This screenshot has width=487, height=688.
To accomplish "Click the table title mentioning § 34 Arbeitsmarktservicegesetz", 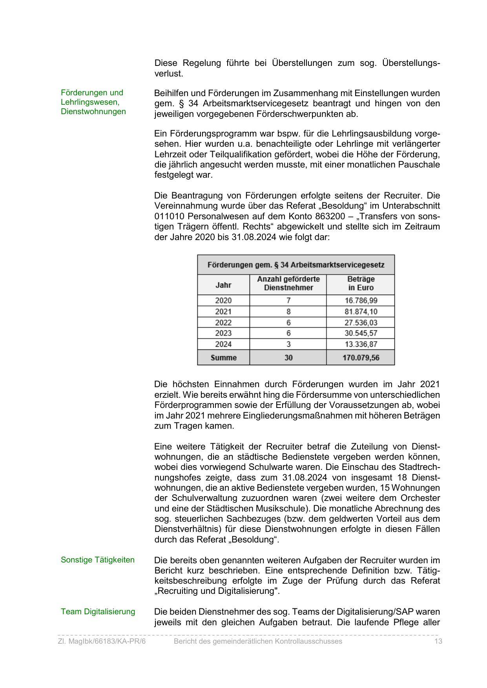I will pyautogui.click(x=295, y=265).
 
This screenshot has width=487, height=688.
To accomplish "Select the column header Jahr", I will pyautogui.click(x=223, y=285).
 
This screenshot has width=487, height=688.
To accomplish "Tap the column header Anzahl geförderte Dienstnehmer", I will pyautogui.click(x=288, y=284).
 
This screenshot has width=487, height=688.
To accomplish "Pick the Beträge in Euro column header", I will pyautogui.click(x=361, y=284).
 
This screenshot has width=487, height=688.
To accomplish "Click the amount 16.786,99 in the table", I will pyautogui.click(x=361, y=301).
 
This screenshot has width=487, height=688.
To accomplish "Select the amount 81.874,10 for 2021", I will pyautogui.click(x=361, y=312).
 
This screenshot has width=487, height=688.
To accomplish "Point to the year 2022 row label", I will pyautogui.click(x=223, y=323).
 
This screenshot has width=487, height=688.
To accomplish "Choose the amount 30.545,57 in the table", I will pyautogui.click(x=361, y=333).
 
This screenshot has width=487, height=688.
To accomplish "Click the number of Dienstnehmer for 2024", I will pyautogui.click(x=288, y=344).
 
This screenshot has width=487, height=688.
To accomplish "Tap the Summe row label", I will pyautogui.click(x=223, y=358).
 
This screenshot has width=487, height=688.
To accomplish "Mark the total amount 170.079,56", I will pyautogui.click(x=361, y=358).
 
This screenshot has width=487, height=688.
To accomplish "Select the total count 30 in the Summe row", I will pyautogui.click(x=288, y=358).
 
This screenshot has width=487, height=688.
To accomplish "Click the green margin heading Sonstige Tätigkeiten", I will pyautogui.click(x=98, y=560).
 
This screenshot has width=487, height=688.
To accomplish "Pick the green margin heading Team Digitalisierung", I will pyautogui.click(x=98, y=612).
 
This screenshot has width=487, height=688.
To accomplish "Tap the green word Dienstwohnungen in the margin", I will pyautogui.click(x=93, y=111).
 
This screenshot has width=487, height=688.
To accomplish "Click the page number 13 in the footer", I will pyautogui.click(x=438, y=641).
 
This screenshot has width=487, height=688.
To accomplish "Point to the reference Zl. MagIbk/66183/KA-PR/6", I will pyautogui.click(x=102, y=641).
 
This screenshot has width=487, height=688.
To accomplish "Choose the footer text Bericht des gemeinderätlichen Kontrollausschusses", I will pyautogui.click(x=258, y=641).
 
